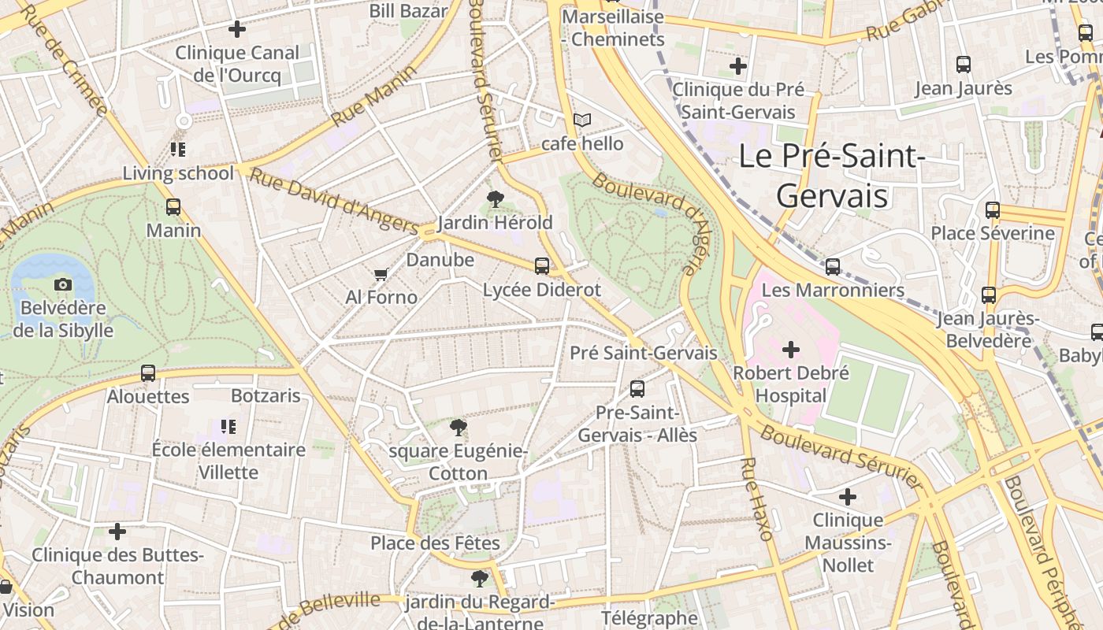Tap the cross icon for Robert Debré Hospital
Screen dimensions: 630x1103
[791, 349]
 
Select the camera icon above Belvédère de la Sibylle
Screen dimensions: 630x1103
[63, 284]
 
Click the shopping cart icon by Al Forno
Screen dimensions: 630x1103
[381, 274]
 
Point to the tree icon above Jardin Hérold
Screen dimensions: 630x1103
[496, 199]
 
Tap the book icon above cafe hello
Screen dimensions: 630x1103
[582, 120]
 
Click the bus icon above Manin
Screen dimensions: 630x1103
[173, 207]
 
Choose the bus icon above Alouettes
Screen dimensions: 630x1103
[148, 373]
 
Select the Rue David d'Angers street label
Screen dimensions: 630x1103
[332, 200]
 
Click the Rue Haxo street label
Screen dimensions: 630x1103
[757, 498]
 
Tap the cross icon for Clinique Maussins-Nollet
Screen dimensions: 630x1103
[848, 497]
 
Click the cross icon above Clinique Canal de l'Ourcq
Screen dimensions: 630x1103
[236, 30]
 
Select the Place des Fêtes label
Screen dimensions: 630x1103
[435, 543]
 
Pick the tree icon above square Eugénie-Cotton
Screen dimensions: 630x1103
[458, 428]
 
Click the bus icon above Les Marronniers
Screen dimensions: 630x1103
[833, 267]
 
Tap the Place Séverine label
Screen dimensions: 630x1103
[992, 233]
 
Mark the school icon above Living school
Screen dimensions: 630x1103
[178, 149]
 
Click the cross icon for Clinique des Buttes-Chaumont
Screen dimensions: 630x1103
[117, 532]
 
